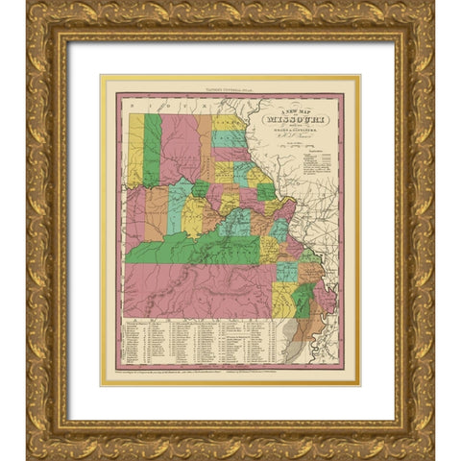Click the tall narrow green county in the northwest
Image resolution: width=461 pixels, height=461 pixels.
(152, 150)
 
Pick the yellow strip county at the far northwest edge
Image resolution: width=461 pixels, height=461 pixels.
(135, 149)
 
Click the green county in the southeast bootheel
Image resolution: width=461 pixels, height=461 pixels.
(303, 303)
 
